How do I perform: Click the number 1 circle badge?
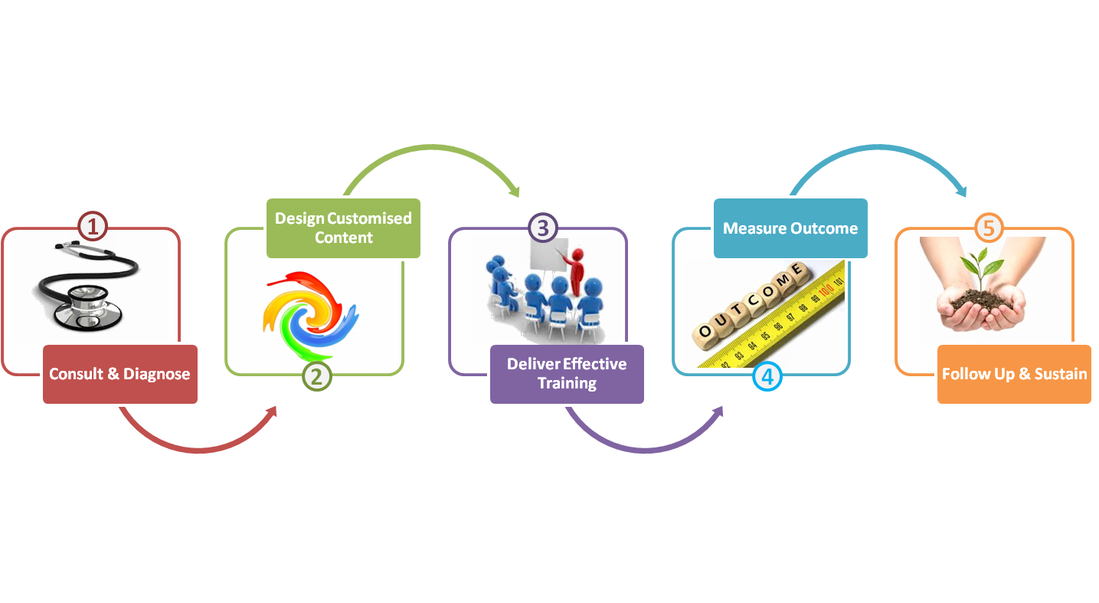93,227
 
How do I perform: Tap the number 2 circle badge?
316,376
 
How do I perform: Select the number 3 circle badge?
542,228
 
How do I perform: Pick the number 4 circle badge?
767,376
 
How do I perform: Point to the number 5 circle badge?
989,228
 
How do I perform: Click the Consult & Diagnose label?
119,374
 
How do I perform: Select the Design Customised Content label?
344,228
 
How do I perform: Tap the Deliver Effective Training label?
567,373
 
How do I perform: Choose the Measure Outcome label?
790,228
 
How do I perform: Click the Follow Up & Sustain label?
1014,374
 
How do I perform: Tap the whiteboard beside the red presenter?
545,264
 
